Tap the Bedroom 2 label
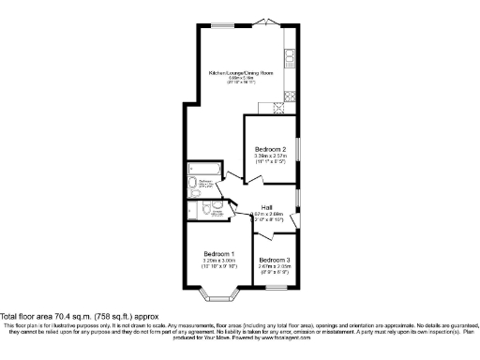tap(270, 149)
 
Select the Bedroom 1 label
tap(218, 254)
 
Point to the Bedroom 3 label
tap(274, 259)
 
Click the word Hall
tap(266, 207)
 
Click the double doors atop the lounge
tap(266, 22)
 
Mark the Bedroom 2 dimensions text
tap(270, 158)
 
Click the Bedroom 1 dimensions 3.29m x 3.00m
tap(218, 262)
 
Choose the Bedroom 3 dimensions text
tap(274, 267)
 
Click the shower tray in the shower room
tap(195, 211)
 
